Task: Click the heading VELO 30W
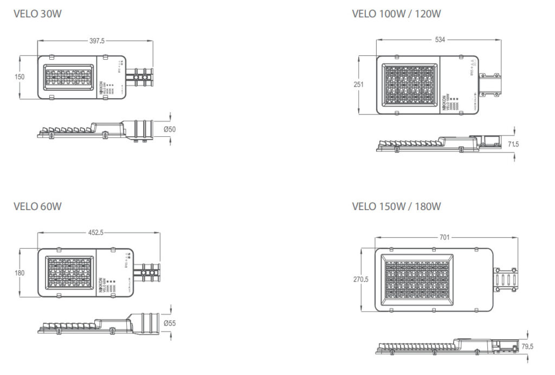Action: [x=37, y=14]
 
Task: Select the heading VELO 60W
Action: [x=37, y=206]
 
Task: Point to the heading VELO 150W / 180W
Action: [x=396, y=206]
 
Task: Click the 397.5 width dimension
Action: [x=96, y=40]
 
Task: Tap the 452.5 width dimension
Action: [x=96, y=232]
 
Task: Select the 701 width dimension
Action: [x=443, y=237]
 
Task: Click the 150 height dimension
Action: [x=19, y=77]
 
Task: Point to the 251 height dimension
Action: [x=358, y=84]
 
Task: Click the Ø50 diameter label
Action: [x=170, y=129]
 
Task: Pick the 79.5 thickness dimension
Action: [x=527, y=346]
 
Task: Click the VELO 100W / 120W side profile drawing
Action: [x=434, y=144]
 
